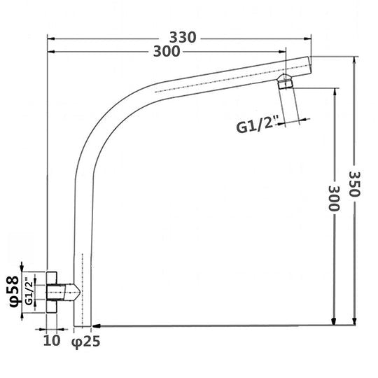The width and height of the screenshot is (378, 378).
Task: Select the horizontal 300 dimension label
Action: [x=165, y=52]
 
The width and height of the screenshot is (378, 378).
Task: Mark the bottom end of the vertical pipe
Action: [x=83, y=325]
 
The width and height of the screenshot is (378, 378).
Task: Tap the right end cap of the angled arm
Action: [x=307, y=66]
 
